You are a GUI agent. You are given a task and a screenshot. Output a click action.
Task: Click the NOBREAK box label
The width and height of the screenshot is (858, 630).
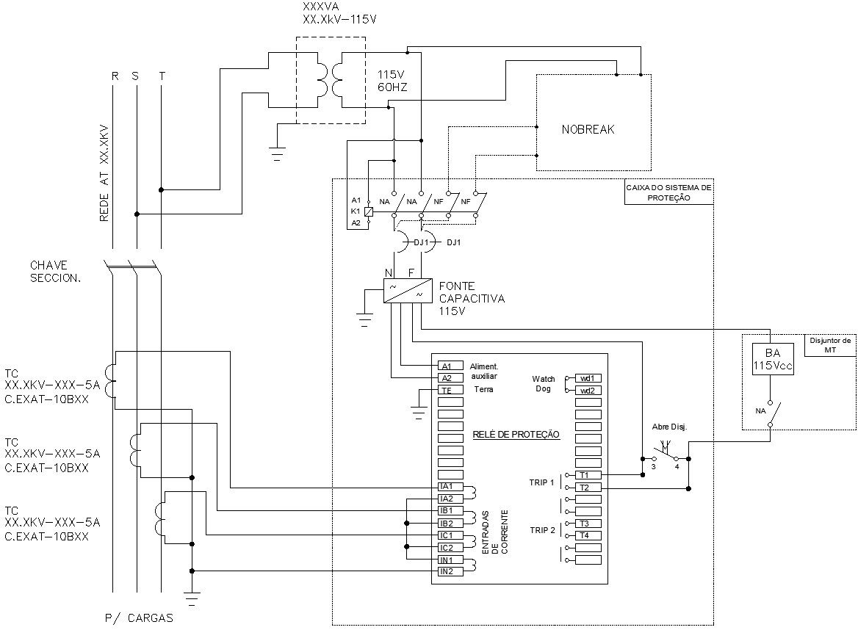pos(588,129)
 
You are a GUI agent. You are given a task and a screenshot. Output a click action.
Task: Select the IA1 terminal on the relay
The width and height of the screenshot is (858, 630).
pos(446,486)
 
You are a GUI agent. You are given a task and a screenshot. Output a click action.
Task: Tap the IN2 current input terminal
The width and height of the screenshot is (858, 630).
pos(446,571)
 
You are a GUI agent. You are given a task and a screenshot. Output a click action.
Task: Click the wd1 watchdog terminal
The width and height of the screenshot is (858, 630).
pos(586,377)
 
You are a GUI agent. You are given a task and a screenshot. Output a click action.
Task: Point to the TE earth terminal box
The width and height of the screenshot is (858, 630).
pos(446,390)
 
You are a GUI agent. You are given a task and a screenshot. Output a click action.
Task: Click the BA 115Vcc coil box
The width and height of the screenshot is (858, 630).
pos(772,359)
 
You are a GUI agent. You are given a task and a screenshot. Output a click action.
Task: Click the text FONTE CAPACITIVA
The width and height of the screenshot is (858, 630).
pos(472,292)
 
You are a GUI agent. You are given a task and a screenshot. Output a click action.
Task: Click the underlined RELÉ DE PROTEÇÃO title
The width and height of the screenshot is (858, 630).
pos(516,435)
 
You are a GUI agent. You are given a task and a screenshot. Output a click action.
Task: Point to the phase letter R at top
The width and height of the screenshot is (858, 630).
pos(114,76)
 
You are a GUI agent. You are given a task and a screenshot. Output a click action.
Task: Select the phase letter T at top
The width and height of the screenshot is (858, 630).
pos(162,76)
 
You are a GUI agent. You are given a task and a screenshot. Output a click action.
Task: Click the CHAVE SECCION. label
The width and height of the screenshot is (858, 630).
pos(56,271)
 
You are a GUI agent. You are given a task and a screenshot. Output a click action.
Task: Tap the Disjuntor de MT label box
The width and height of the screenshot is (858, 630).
pos(830,345)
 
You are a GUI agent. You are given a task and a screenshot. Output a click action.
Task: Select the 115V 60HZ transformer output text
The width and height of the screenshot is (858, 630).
pos(392,81)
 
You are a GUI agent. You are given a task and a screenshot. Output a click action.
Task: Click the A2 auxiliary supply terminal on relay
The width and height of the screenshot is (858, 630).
pos(446,377)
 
